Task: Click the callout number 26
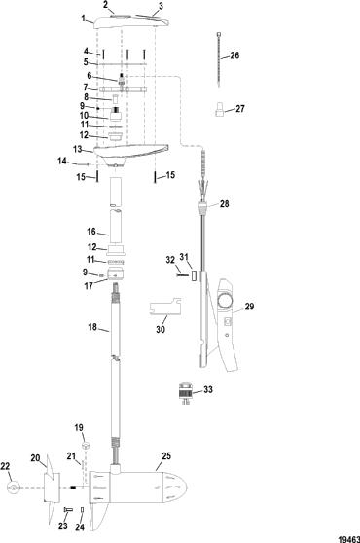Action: pos(234,55)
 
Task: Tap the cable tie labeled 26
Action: pos(219,59)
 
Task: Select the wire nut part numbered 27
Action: pos(219,109)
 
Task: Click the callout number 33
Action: pos(208,389)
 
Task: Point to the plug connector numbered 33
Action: pos(185,393)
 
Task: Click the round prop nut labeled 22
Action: pos(14,488)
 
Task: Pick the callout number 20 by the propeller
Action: pos(35,458)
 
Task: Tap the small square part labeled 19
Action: pos(87,445)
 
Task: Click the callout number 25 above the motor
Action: pos(166,456)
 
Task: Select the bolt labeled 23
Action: pos(67,510)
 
